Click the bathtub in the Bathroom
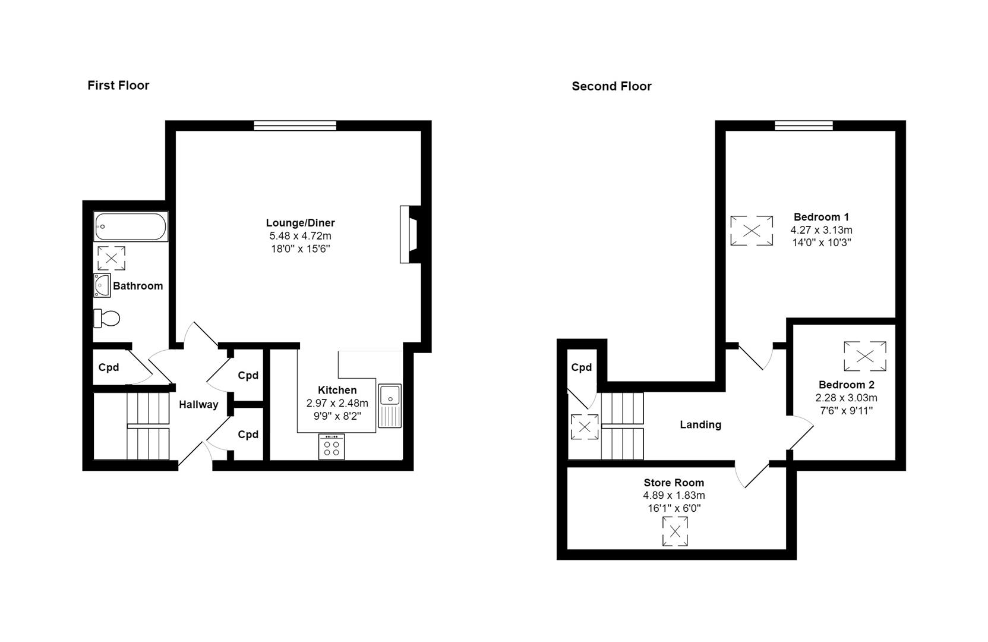pyautogui.click(x=131, y=226)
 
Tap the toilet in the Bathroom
pyautogui.click(x=107, y=318)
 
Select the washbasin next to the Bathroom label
pyautogui.click(x=102, y=285)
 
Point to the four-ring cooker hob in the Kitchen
pyautogui.click(x=332, y=446)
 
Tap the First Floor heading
pyautogui.click(x=118, y=85)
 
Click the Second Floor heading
pyautogui.click(x=611, y=86)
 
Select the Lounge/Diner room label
pyautogui.click(x=300, y=223)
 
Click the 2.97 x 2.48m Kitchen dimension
pyautogui.click(x=337, y=403)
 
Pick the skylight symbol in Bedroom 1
pyautogui.click(x=752, y=231)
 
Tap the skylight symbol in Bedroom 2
pyautogui.click(x=865, y=356)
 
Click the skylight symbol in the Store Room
pyautogui.click(x=675, y=531)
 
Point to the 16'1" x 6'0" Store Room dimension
pyautogui.click(x=674, y=508)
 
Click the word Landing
pyautogui.click(x=700, y=424)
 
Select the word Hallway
pyautogui.click(x=198, y=404)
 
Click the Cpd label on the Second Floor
pyautogui.click(x=581, y=367)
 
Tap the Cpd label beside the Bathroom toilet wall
pyautogui.click(x=109, y=367)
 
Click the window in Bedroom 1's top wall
pyautogui.click(x=804, y=125)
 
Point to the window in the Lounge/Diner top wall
pyautogui.click(x=295, y=125)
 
